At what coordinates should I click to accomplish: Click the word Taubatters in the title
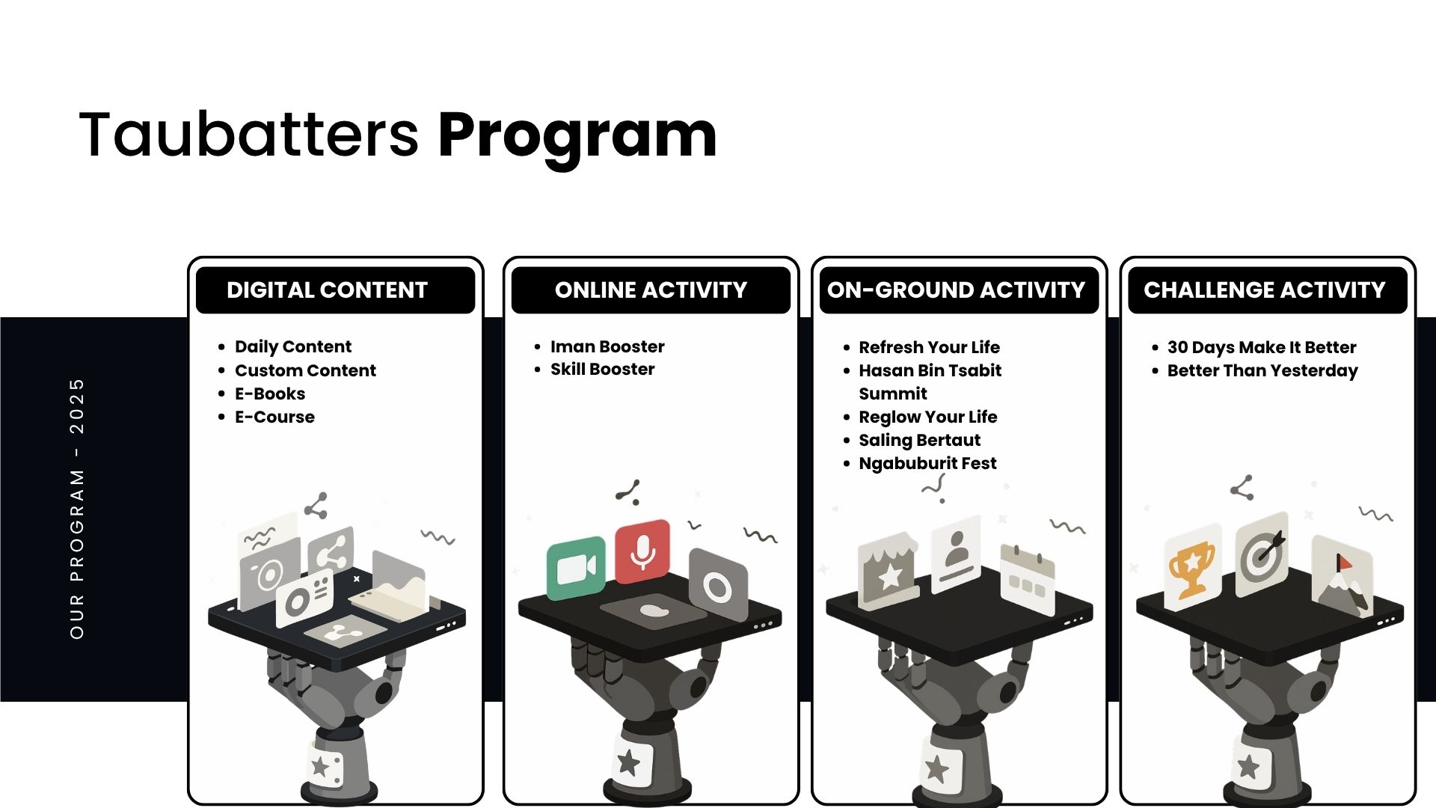point(249,134)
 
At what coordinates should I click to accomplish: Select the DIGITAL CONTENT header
point(327,290)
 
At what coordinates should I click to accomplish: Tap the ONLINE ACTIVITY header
point(651,290)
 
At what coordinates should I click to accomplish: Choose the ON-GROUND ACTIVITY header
point(956,290)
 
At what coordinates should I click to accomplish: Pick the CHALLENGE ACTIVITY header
point(1265,290)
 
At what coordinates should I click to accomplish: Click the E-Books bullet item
point(270,394)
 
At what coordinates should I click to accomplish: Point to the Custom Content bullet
point(305,370)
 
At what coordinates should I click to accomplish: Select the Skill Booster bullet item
point(602,369)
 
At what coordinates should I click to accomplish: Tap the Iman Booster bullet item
point(607,346)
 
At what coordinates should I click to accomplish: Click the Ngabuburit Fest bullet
point(927,464)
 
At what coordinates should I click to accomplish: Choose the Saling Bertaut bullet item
point(919,440)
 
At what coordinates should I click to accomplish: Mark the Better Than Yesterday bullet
point(1262,370)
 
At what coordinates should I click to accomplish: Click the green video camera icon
point(576,569)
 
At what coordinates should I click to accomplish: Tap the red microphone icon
point(642,551)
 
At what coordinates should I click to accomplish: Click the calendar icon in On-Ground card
point(1027,575)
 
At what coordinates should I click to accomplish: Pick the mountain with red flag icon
point(1343,577)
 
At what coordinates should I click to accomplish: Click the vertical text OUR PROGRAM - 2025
point(77,509)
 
